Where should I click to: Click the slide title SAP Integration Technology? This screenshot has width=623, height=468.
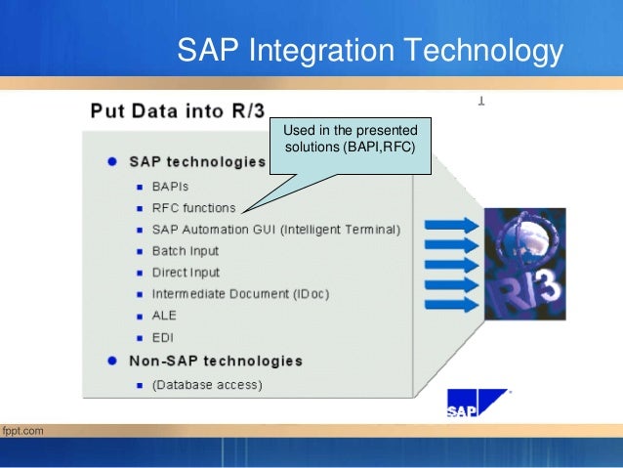(370, 50)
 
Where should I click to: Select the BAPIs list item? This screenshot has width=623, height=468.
(172, 186)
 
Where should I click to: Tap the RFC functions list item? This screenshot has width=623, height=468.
(193, 207)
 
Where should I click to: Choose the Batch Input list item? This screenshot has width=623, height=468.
(186, 251)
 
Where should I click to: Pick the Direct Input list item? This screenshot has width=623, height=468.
(186, 273)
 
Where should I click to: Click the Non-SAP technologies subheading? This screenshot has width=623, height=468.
(216, 361)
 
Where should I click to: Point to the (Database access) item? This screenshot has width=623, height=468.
(206, 385)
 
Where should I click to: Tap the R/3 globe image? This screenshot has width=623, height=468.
(524, 266)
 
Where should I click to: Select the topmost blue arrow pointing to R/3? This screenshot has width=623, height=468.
(452, 225)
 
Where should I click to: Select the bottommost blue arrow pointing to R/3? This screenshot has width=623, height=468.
(452, 305)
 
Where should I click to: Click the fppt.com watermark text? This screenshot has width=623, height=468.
(22, 430)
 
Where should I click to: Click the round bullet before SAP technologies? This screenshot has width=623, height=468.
(114, 161)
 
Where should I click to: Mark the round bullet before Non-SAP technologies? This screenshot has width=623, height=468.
(114, 361)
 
